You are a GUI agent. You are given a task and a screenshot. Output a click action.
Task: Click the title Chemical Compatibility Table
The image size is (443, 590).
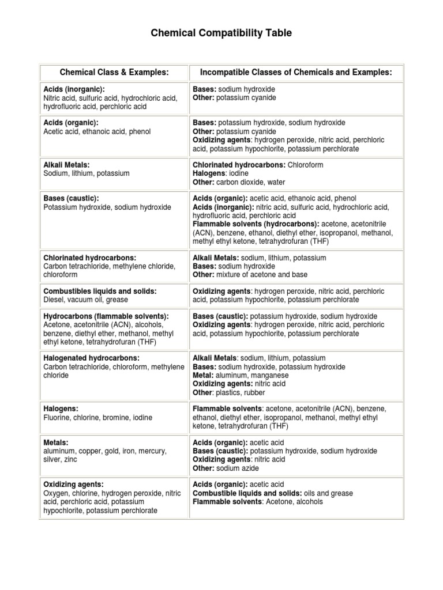pyautogui.click(x=221, y=33)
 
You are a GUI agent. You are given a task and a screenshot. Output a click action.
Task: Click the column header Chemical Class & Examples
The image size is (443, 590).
pyautogui.click(x=114, y=72)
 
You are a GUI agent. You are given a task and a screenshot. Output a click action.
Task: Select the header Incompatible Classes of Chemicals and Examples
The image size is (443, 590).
pyautogui.click(x=296, y=72)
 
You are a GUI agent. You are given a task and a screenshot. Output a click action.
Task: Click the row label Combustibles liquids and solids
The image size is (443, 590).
pyautogui.click(x=100, y=292)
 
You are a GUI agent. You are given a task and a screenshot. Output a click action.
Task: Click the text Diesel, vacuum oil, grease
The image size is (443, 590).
pyautogui.click(x=86, y=300)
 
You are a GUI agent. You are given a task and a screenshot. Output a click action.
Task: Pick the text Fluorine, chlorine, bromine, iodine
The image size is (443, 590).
pyautogui.click(x=97, y=417)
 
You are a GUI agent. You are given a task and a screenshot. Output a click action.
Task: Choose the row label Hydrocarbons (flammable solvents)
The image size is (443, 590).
pyautogui.click(x=106, y=316)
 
